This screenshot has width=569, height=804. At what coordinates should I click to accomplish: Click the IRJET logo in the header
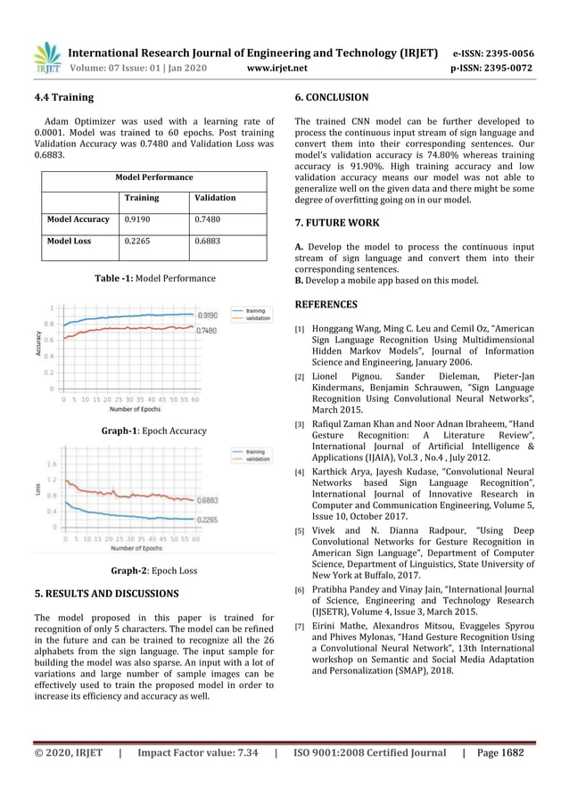[x=46, y=58]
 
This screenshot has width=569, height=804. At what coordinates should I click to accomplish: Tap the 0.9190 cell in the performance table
[x=136, y=218]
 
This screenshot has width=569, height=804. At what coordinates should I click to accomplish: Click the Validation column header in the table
[x=214, y=197]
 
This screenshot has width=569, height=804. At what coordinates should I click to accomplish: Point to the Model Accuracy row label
[x=78, y=218]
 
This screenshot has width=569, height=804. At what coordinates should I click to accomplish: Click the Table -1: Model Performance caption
[x=154, y=278]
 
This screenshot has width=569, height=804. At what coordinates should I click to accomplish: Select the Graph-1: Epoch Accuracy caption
[x=153, y=431]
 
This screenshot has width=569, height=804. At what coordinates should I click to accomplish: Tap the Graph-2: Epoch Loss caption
[x=153, y=570]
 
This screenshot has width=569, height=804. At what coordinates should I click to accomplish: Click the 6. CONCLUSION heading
[x=331, y=97]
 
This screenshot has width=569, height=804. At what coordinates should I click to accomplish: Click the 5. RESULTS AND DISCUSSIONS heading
[x=106, y=593]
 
